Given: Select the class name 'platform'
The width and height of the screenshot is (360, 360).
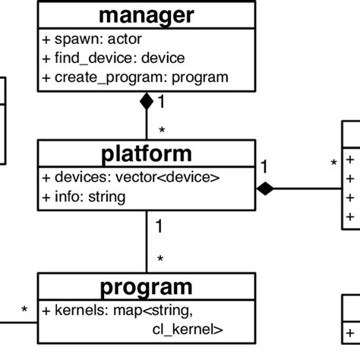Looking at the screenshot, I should [147, 155].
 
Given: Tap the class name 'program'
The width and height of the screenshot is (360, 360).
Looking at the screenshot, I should [147, 288].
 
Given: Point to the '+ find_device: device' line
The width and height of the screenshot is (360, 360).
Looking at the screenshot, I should [113, 58].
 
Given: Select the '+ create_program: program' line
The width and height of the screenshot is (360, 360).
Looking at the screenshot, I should [135, 77].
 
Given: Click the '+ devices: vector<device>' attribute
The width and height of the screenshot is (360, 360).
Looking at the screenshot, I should [131, 178].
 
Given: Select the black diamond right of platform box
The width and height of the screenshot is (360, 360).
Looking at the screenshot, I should [264, 188].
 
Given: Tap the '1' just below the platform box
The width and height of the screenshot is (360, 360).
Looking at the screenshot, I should [159, 226].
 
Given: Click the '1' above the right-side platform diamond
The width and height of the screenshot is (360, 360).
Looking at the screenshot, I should [264, 166].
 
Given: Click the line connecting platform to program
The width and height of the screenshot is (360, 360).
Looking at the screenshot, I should [147, 243].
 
